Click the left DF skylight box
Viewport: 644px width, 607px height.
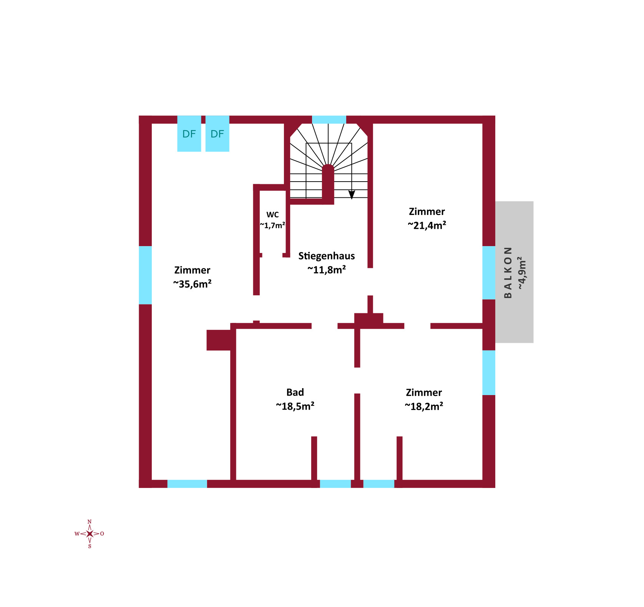point(189,134)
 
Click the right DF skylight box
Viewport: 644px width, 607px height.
point(217,134)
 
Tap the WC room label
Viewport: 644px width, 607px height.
point(272,215)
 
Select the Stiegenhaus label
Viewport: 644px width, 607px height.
point(327,256)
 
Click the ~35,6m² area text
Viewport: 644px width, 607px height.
point(192,284)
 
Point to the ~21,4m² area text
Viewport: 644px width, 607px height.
point(427,225)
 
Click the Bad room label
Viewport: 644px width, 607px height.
point(295,392)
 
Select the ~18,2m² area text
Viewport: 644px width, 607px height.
point(424,406)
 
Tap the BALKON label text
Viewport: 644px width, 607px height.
point(508,272)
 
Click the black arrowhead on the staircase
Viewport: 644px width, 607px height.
point(352,195)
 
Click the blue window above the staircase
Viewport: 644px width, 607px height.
point(329,119)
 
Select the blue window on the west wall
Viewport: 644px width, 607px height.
point(145,275)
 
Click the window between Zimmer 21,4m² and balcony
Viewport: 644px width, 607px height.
point(489,273)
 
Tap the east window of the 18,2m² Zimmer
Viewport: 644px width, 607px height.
point(489,372)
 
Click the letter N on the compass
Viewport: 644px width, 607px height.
point(90,522)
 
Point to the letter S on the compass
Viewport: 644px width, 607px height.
point(90,546)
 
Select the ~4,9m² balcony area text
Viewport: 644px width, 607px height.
point(522,273)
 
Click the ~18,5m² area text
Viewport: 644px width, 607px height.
point(295,406)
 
